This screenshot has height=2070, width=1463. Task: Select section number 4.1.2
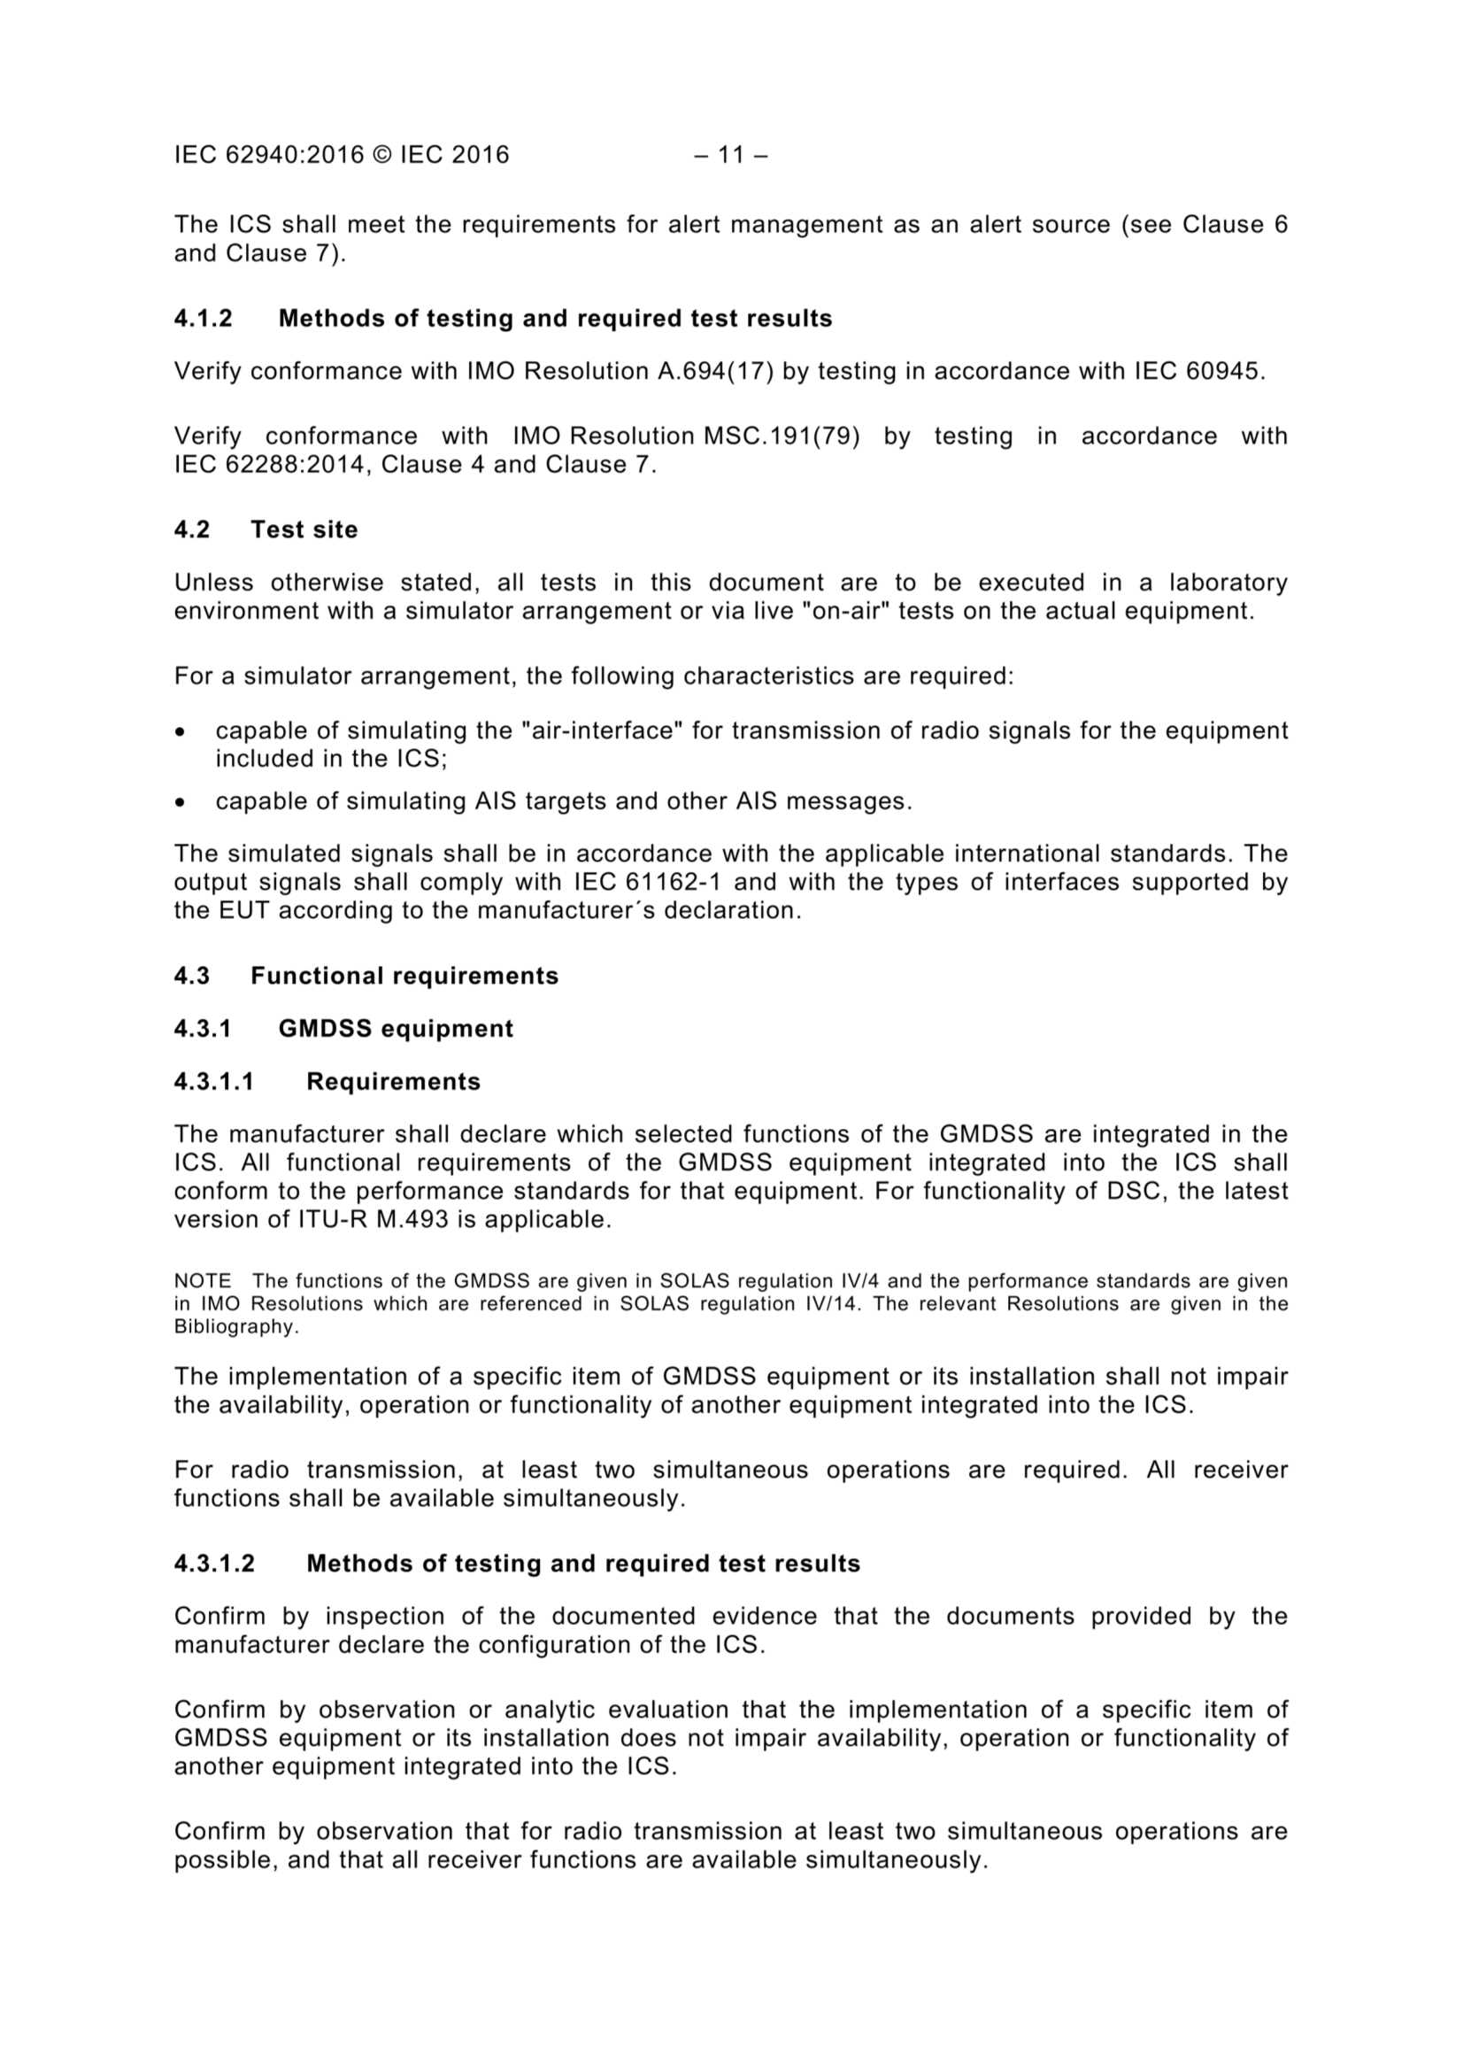point(203,318)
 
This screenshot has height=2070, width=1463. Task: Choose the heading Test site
point(304,529)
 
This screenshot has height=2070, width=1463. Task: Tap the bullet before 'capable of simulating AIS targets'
point(181,801)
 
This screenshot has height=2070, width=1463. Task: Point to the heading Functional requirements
point(404,976)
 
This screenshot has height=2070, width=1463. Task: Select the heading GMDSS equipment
point(396,1029)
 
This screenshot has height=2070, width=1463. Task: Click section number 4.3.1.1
point(213,1082)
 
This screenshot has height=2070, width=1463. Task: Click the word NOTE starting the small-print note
point(203,1281)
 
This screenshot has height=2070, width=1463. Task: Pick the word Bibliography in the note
point(235,1327)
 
